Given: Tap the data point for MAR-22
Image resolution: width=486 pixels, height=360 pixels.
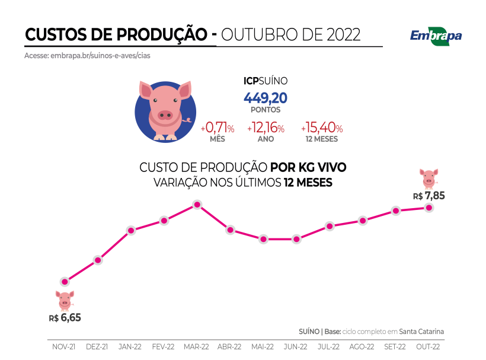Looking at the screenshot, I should click(x=197, y=205).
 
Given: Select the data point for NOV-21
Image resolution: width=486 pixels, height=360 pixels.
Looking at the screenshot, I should click(x=65, y=281).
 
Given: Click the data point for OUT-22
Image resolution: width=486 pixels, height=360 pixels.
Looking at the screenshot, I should click(x=429, y=208).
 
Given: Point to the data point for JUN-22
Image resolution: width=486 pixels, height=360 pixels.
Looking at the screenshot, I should click(x=296, y=239).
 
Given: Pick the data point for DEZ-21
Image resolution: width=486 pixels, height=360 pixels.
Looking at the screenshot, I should click(x=98, y=260).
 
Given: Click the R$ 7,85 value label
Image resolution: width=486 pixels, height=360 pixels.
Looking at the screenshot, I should click(x=429, y=196).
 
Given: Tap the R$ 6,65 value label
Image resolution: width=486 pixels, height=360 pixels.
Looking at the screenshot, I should click(x=65, y=317).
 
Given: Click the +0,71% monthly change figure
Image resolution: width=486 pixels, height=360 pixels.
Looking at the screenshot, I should click(x=218, y=128).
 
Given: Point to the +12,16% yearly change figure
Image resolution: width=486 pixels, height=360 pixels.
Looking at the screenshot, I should click(x=266, y=128).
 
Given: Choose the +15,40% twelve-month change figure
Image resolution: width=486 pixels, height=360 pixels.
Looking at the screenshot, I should click(x=321, y=128).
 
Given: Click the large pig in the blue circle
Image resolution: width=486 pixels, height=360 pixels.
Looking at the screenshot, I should click(x=165, y=110).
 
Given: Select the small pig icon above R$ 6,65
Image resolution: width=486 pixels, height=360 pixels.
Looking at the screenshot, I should click(x=65, y=300).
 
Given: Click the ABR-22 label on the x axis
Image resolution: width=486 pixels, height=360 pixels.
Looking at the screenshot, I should click(x=229, y=346).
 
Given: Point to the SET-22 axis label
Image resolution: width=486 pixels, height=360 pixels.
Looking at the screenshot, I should click(x=395, y=346).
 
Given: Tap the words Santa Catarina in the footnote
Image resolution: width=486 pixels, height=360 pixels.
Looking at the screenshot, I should click(x=421, y=332).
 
